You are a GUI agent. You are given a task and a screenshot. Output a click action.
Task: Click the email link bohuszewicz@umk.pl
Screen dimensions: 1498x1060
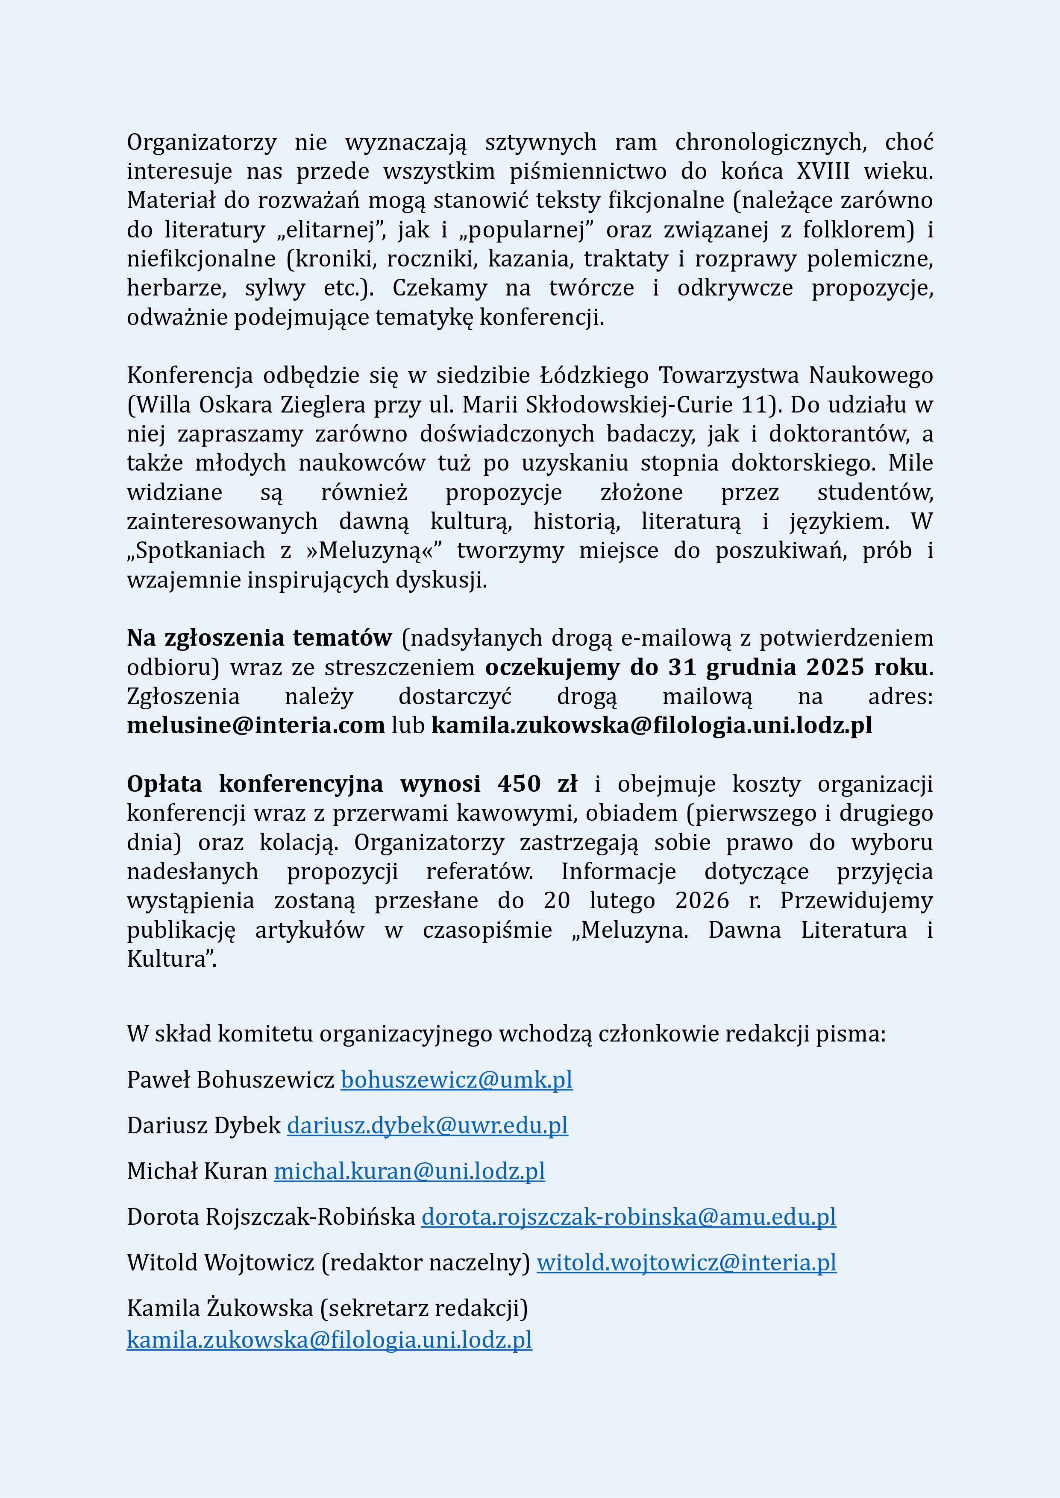pos(456,1080)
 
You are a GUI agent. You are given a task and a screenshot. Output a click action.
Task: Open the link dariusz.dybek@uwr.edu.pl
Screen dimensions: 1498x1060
pos(427,1126)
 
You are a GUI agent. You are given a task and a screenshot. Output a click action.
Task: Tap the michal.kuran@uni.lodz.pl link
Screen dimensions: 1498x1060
pos(409,1171)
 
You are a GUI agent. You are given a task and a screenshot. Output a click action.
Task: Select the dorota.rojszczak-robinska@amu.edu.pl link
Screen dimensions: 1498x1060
pos(628,1217)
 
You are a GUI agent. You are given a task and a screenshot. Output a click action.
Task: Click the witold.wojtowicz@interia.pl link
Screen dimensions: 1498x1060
pos(686,1262)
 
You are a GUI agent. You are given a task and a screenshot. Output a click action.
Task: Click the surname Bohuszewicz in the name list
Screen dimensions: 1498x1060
pos(265,1080)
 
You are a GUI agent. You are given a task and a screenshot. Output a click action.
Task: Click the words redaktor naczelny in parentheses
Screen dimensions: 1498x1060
pos(426,1262)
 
